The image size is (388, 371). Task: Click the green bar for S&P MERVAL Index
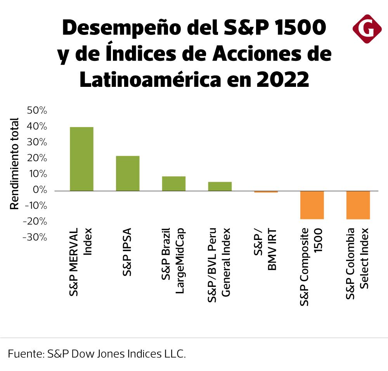coord(81,159)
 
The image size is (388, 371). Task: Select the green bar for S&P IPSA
coord(128,173)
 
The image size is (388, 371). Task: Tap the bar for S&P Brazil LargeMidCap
coord(173,183)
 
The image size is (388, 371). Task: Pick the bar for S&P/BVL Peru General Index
coord(220,186)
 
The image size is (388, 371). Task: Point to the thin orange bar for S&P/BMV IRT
coord(266,192)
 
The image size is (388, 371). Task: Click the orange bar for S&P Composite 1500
coord(312,205)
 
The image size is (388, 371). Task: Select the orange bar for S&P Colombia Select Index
coord(358,205)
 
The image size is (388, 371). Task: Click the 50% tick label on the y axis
coord(37,111)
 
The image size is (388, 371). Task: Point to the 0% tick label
coord(40,190)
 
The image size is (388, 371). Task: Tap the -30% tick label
coord(35,237)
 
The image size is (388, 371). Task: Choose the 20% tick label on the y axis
coord(37,159)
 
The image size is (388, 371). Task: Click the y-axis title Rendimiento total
coord(14,163)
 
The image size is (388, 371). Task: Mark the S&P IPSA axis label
coord(127,252)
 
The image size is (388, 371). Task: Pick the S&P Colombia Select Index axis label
coord(357,264)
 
